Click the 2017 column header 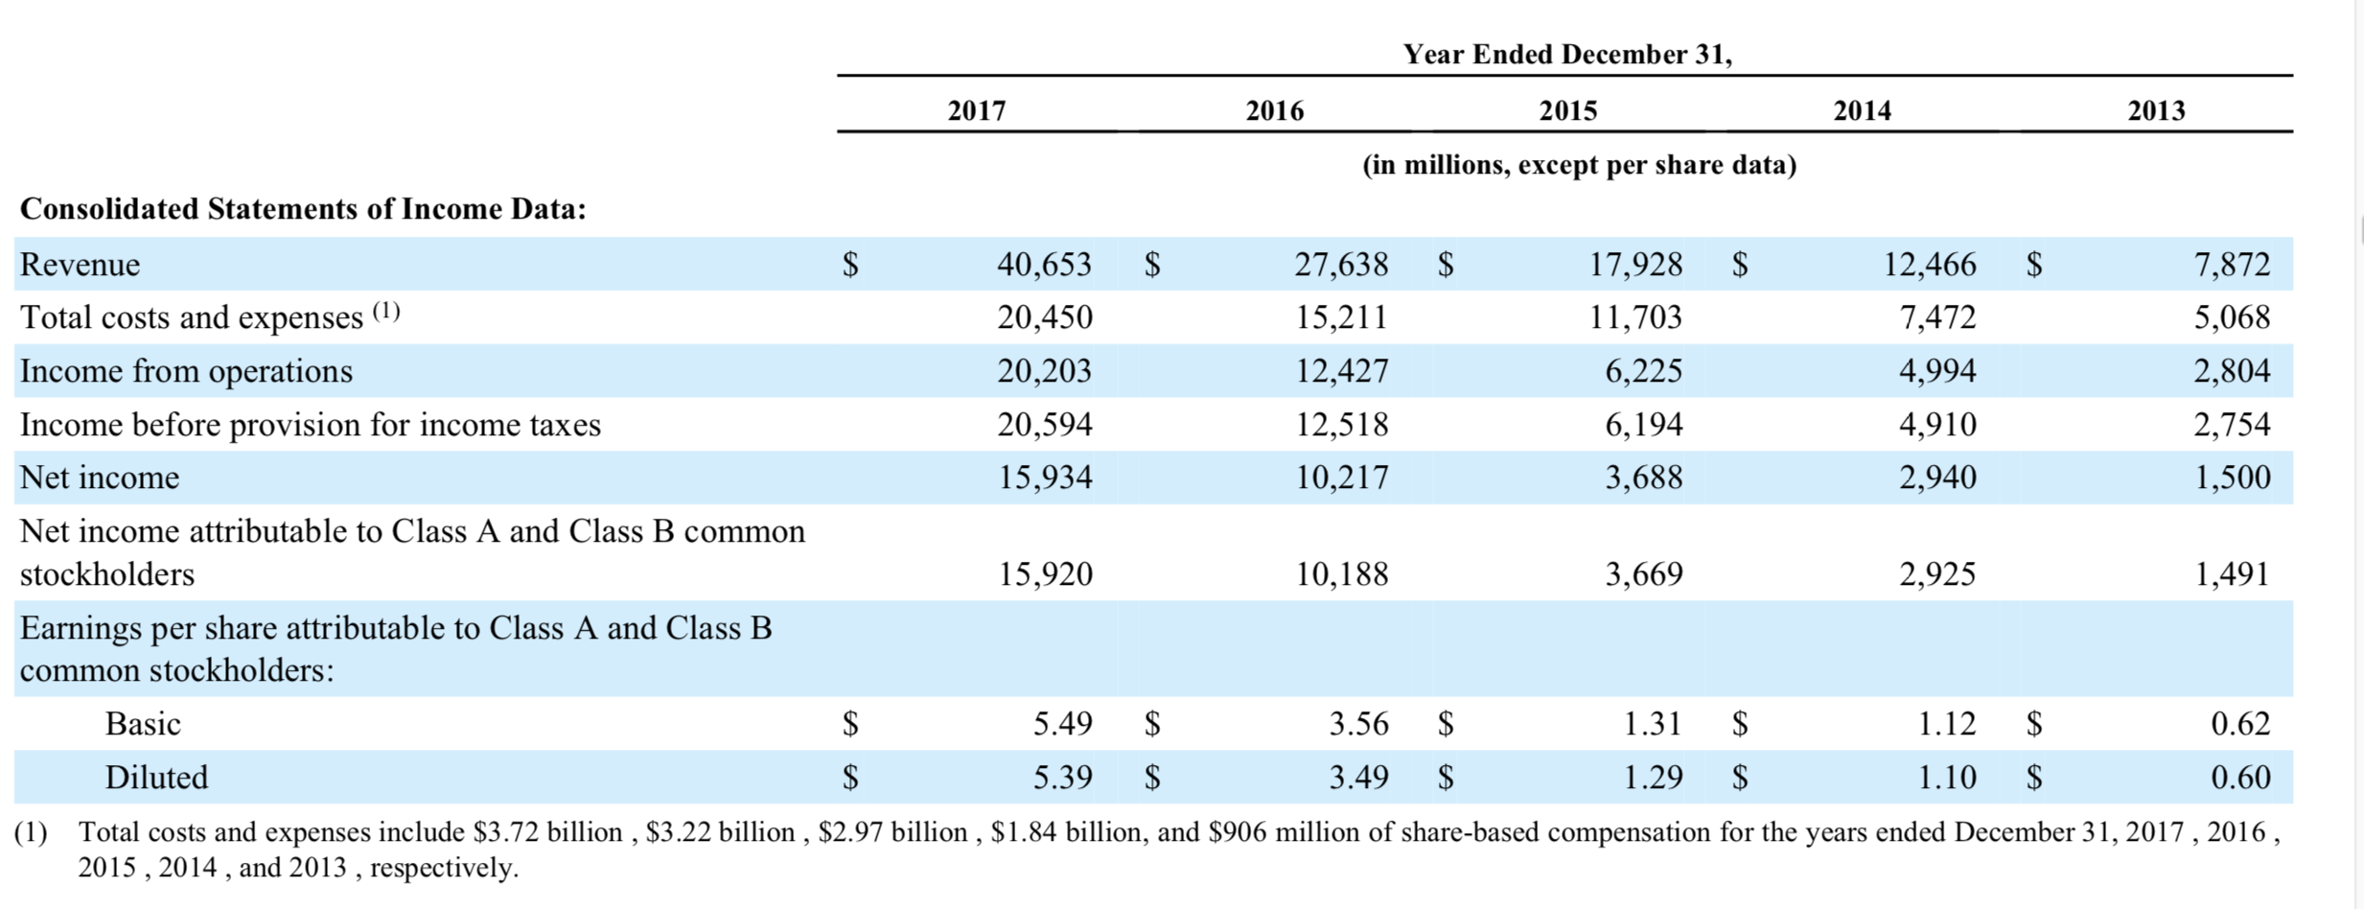(977, 110)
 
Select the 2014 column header (1862, 110)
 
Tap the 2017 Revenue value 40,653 (1044, 264)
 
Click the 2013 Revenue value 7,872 (2232, 264)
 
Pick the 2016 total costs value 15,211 (1341, 316)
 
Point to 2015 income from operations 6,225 (1643, 370)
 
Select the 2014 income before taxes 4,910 (1937, 424)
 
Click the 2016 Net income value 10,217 (1341, 477)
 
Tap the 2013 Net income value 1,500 (2232, 477)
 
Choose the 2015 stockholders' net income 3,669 (1643, 573)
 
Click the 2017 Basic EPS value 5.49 (1062, 723)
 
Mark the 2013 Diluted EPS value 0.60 (2240, 777)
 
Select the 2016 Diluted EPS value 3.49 (1358, 777)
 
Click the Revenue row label (80, 264)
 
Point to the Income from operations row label (186, 371)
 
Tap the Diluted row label (156, 777)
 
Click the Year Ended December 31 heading (1567, 54)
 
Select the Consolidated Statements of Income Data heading (303, 208)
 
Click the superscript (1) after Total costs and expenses (385, 311)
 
